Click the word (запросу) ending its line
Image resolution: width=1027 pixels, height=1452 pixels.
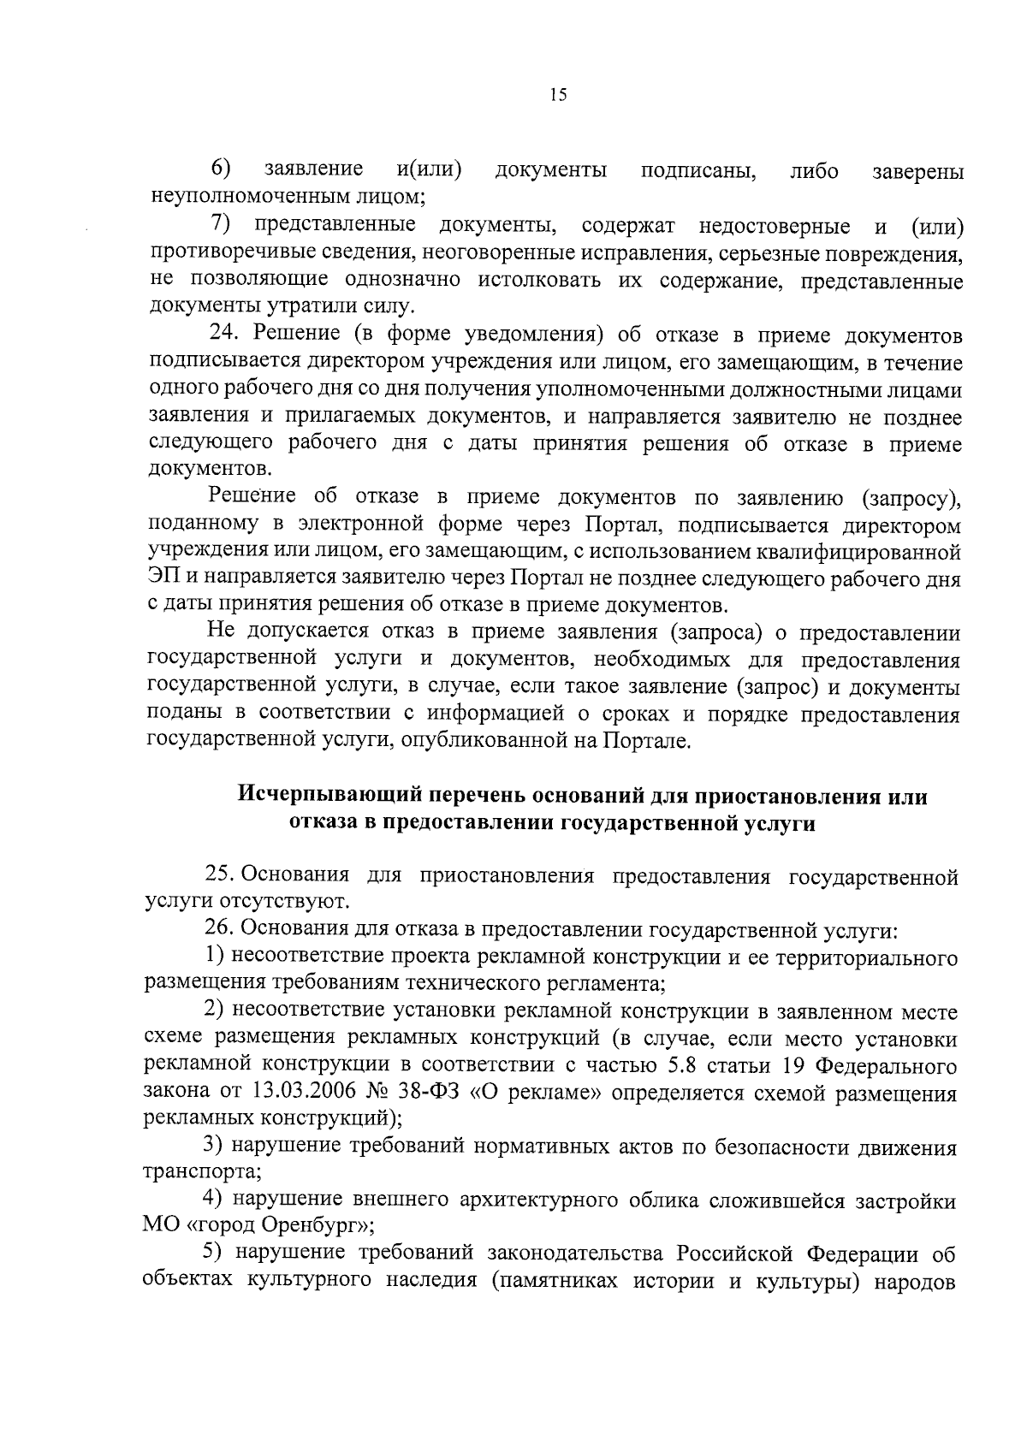point(911,498)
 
